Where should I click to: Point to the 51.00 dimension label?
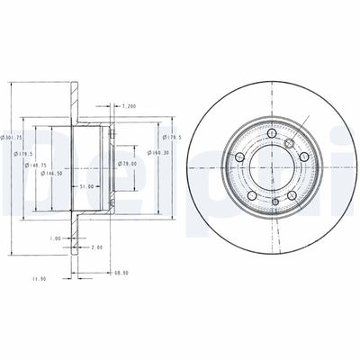click(85, 186)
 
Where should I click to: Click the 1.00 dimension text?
click(57, 239)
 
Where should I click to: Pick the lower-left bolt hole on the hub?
click(251, 197)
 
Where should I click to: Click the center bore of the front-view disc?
click(271, 169)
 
